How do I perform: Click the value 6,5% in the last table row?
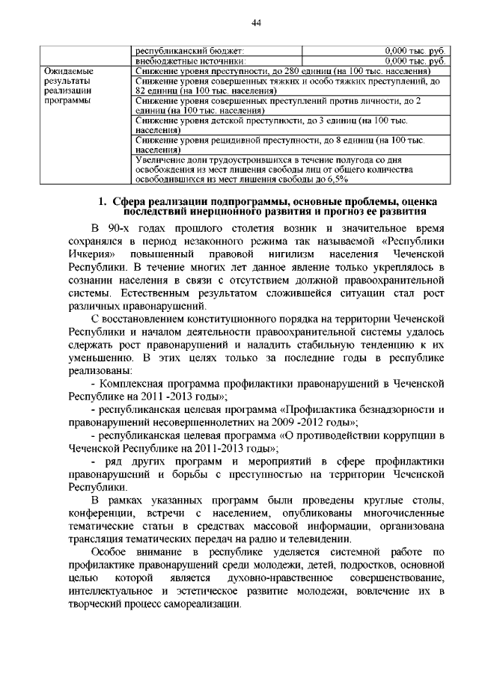(337, 179)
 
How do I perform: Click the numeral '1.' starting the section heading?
(105, 201)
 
